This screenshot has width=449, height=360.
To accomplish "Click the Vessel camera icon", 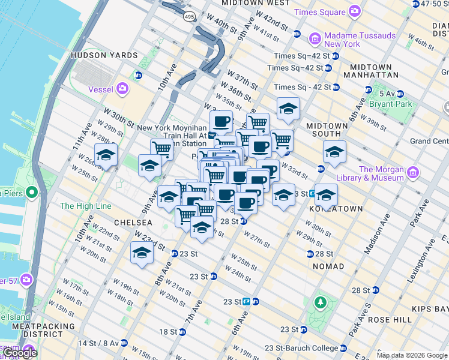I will (123, 89).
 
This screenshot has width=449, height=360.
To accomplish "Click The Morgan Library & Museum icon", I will (412, 173).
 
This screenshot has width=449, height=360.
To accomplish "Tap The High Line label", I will (85, 206).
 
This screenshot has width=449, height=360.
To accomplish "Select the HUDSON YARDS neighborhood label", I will (104, 55).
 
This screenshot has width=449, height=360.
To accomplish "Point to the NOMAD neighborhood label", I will (329, 266).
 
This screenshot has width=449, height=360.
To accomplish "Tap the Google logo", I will (19, 353).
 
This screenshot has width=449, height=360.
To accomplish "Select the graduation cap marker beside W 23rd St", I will (142, 252).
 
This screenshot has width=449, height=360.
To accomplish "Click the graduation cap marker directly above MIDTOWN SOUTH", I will (288, 109).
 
